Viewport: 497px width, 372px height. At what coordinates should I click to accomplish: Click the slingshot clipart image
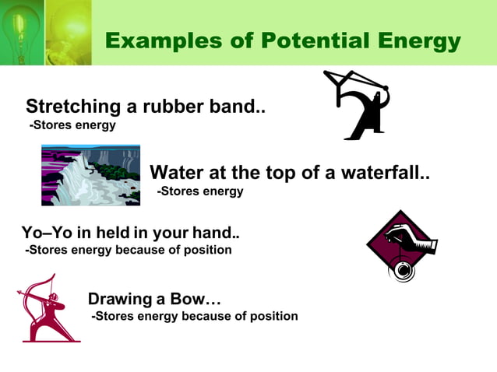356,104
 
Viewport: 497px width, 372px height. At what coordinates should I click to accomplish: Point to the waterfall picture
90,174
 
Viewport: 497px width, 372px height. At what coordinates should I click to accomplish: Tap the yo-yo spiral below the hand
402,269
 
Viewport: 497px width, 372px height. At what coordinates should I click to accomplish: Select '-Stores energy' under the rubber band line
72,125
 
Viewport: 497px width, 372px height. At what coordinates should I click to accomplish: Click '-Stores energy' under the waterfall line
200,191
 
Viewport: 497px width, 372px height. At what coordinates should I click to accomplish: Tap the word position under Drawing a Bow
272,316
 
